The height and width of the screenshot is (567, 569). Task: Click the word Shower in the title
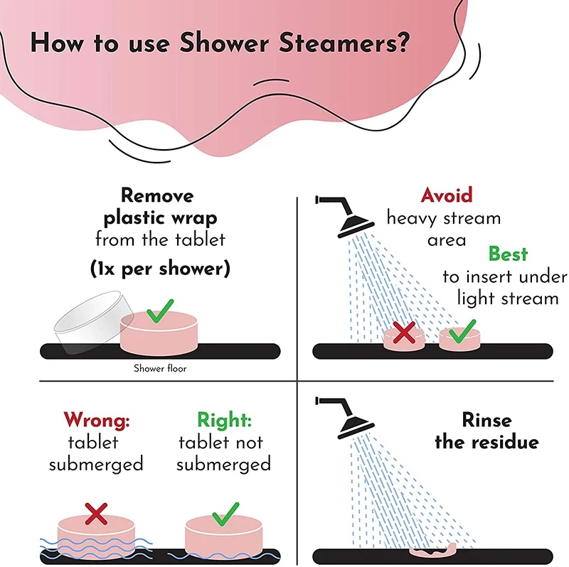coord(224,43)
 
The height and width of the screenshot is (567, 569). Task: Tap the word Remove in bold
coord(157,195)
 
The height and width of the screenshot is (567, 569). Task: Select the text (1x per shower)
coord(160,269)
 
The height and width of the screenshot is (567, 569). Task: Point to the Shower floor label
coord(160,368)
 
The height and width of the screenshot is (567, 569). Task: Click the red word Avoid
coord(447,195)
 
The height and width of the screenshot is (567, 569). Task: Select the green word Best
coord(508,254)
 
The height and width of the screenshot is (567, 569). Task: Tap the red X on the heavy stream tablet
coord(404,333)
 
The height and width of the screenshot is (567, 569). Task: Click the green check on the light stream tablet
coord(462,331)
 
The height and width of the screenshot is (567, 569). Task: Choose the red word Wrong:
coord(97,420)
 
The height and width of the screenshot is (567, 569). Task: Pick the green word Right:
coord(224,420)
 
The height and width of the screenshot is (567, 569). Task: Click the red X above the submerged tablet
coord(96,514)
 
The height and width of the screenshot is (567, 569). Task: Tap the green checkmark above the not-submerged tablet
coord(225,514)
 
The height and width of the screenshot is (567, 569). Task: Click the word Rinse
coord(487,420)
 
